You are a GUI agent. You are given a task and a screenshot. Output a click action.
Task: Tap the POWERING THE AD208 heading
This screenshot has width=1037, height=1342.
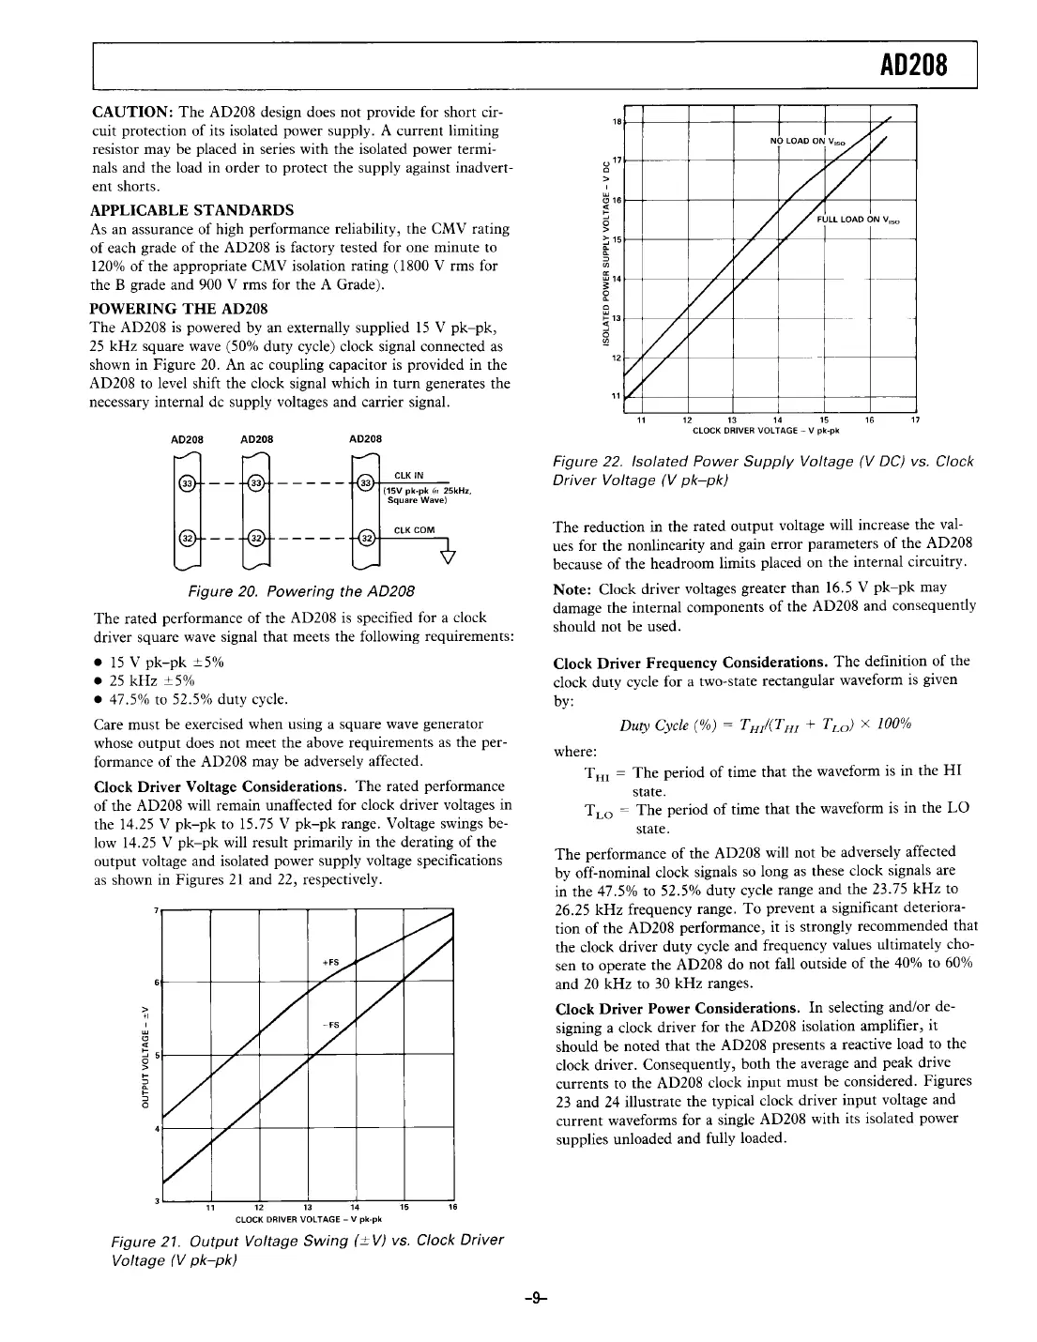click(x=178, y=308)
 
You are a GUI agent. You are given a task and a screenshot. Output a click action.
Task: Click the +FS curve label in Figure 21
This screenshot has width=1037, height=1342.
click(x=329, y=961)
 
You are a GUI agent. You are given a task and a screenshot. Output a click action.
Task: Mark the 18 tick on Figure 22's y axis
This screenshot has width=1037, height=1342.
click(x=616, y=122)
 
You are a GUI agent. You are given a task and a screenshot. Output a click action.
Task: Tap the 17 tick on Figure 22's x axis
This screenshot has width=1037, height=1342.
click(x=915, y=420)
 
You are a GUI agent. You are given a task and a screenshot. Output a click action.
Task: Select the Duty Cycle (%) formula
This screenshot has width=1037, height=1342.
click(x=766, y=724)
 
